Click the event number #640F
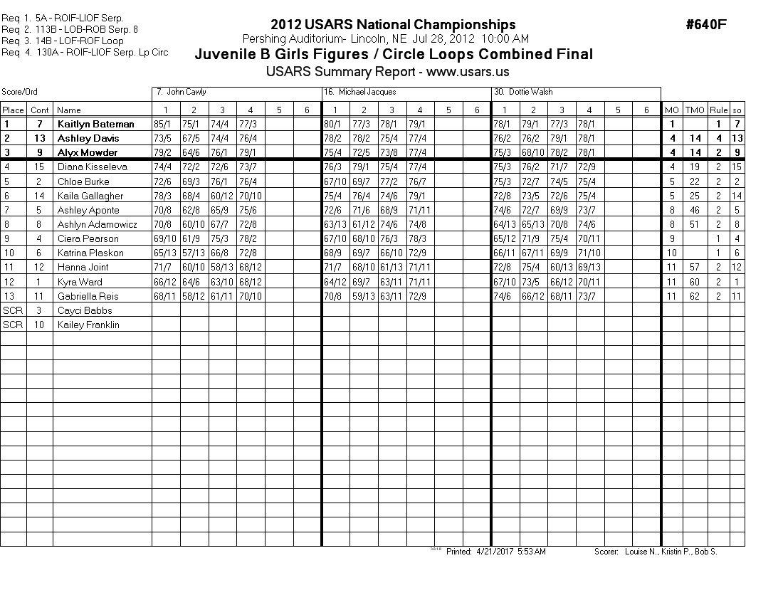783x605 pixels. click(705, 25)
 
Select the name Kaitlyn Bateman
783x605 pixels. click(95, 124)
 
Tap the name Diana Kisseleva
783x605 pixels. click(93, 167)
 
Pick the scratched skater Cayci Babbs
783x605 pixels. click(85, 310)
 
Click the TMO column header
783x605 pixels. click(694, 110)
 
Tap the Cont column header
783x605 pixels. click(40, 110)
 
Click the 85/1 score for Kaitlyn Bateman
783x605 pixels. click(165, 124)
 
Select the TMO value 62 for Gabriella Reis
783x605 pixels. click(694, 296)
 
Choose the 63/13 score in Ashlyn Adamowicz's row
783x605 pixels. click(335, 224)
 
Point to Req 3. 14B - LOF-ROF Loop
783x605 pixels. click(62, 41)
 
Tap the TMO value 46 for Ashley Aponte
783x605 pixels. click(694, 210)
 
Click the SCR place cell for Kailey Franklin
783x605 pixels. click(13, 325)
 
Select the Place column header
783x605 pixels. click(13, 110)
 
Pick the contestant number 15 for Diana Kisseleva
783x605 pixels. click(40, 167)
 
